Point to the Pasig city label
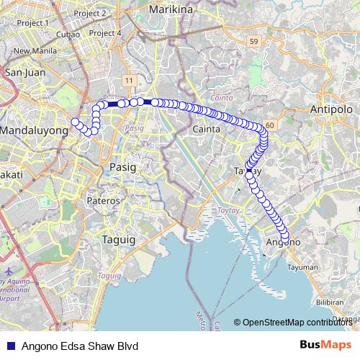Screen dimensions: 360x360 [122, 166]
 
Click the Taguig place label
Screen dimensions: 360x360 [119, 240]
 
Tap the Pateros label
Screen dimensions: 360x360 [102, 200]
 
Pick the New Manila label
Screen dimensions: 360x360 [30, 50]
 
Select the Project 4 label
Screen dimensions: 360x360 [107, 33]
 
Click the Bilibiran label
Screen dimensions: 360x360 [330, 302]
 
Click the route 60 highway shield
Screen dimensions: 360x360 [269, 125]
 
